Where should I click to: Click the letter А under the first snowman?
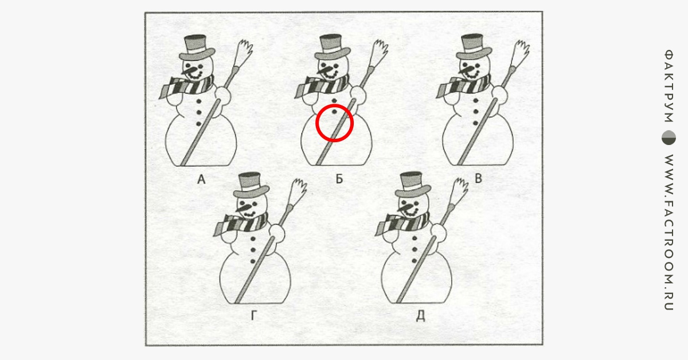click(201, 179)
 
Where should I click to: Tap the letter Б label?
click(339, 178)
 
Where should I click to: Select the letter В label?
click(478, 178)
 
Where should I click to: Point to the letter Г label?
click(253, 315)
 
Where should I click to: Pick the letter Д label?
click(420, 316)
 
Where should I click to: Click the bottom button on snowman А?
click(198, 124)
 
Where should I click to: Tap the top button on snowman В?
click(476, 100)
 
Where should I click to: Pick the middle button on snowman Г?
click(253, 250)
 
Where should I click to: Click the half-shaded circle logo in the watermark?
click(669, 138)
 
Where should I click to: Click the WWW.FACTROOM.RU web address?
click(669, 232)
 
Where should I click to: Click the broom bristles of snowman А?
click(244, 53)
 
